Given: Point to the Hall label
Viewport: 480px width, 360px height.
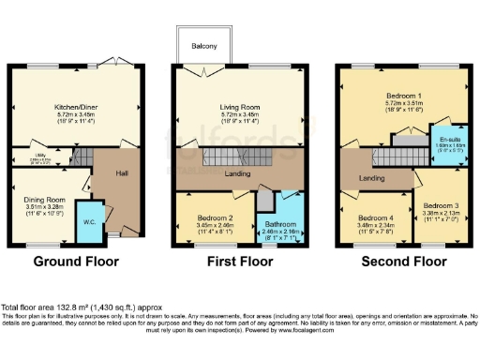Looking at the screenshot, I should (x=121, y=174).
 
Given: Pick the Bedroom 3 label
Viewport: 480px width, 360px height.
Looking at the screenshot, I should (x=440, y=206).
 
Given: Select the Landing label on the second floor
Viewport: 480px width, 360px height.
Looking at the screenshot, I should (x=372, y=178).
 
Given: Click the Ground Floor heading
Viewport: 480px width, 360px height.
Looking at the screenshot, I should (x=68, y=264).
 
